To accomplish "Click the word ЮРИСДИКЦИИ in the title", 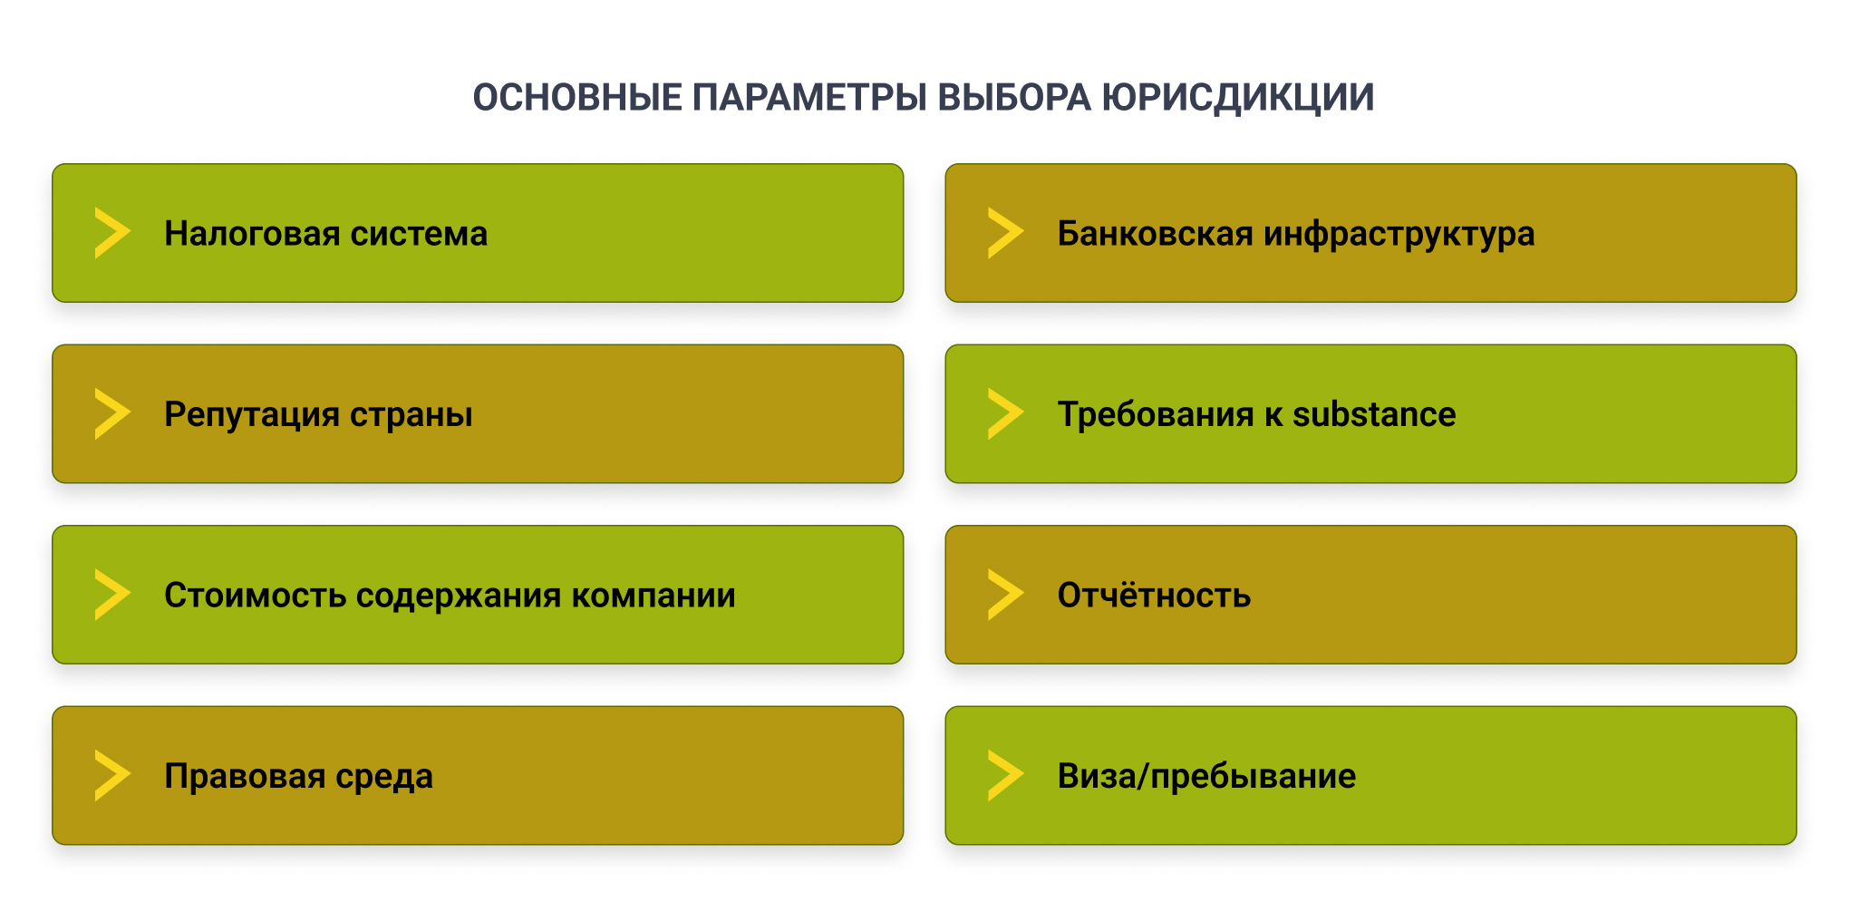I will click(x=1238, y=98).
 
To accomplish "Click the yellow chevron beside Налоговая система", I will click(x=111, y=233).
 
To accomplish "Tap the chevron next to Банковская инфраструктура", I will click(x=1004, y=233).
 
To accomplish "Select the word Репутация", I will click(x=252, y=414).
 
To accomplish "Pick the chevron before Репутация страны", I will click(x=111, y=414).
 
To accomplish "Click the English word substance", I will click(x=1373, y=414).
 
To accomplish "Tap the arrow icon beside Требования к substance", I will click(x=1004, y=414).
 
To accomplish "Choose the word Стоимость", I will click(x=255, y=596).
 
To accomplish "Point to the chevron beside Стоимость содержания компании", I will click(x=111, y=595).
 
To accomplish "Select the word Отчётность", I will click(x=1154, y=596).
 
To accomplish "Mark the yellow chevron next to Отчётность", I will click(x=1004, y=595).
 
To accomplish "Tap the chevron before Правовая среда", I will click(x=111, y=776).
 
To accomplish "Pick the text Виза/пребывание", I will click(x=1206, y=776).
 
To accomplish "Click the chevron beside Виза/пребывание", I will click(x=1004, y=776).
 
